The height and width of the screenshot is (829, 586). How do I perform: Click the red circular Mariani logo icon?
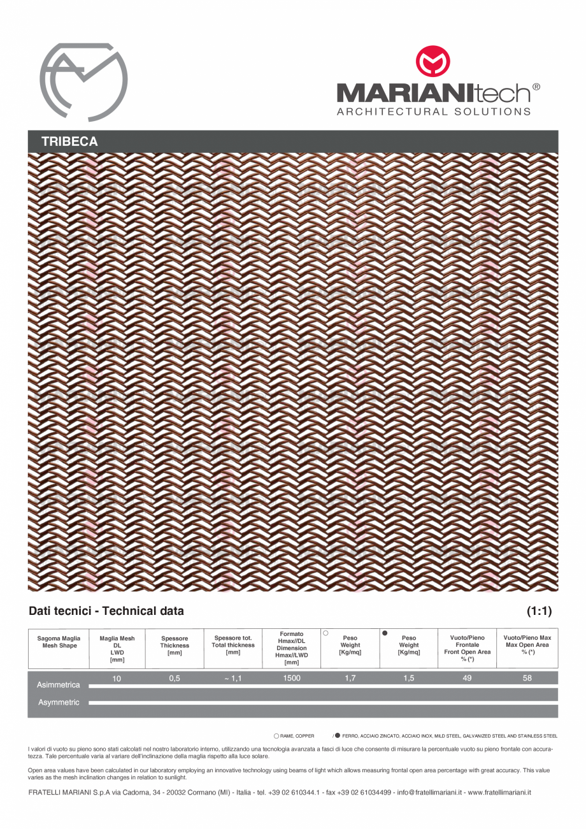pyautogui.click(x=432, y=62)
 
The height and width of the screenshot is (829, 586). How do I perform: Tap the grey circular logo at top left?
pyautogui.click(x=83, y=82)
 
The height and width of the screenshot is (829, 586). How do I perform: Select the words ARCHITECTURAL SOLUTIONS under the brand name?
pyautogui.click(x=433, y=112)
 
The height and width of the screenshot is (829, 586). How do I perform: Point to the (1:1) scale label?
pyautogui.click(x=539, y=611)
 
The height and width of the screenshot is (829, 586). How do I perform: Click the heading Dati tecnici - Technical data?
pyautogui.click(x=106, y=611)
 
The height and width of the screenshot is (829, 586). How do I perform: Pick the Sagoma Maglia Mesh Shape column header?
pyautogui.click(x=59, y=642)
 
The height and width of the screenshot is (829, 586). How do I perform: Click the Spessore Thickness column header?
pyautogui.click(x=175, y=645)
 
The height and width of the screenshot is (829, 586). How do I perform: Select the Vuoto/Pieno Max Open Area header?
pyautogui.click(x=527, y=645)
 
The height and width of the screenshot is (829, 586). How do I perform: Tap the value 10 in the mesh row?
pyautogui.click(x=117, y=679)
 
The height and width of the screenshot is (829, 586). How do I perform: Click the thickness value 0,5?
pyautogui.click(x=175, y=679)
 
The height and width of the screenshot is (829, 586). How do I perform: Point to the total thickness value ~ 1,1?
pyautogui.click(x=233, y=679)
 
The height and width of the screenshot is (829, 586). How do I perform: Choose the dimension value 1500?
pyautogui.click(x=292, y=679)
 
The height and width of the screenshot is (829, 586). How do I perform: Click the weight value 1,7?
pyautogui.click(x=350, y=679)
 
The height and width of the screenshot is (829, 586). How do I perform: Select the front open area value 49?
pyautogui.click(x=468, y=679)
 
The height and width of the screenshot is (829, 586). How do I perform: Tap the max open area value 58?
pyautogui.click(x=527, y=679)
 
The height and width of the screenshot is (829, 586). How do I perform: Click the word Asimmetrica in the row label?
pyautogui.click(x=59, y=685)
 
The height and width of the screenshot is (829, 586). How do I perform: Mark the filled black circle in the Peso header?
pyautogui.click(x=385, y=633)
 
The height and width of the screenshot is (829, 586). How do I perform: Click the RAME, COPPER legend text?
pyautogui.click(x=297, y=735)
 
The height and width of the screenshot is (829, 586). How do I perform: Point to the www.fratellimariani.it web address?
pyautogui.click(x=499, y=793)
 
